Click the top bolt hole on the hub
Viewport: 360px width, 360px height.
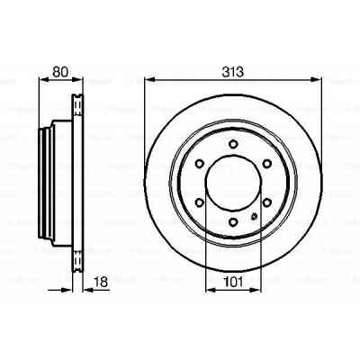click(232, 143)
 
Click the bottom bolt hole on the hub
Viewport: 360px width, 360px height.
click(232, 221)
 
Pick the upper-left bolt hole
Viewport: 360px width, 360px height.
click(198, 163)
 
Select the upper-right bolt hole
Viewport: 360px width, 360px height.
click(266, 163)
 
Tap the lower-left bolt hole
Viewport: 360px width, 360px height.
click(198, 202)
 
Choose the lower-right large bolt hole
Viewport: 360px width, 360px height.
click(266, 202)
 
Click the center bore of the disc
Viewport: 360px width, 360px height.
click(232, 183)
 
